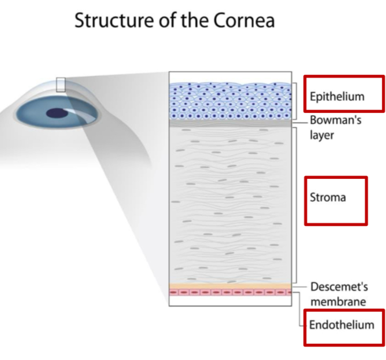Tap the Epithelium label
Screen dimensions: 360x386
click(337, 96)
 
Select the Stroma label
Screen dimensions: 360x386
click(328, 197)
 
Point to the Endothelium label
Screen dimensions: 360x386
click(342, 325)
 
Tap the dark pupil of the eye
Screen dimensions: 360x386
click(56, 112)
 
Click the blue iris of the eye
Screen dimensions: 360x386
click(37, 114)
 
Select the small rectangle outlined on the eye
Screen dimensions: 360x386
click(60, 84)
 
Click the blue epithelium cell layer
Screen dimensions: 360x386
click(230, 101)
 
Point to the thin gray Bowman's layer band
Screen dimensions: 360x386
click(230, 123)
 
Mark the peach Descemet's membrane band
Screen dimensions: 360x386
click(230, 286)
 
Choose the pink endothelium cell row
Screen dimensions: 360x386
click(230, 292)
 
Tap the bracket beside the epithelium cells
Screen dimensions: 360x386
click(296, 101)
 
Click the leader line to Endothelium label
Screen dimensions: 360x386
click(298, 311)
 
